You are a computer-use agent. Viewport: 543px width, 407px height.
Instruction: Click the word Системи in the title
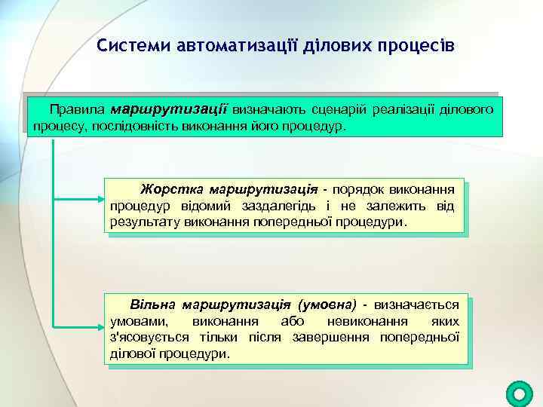(x=133, y=47)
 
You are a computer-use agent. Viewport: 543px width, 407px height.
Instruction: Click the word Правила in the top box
(x=77, y=109)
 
